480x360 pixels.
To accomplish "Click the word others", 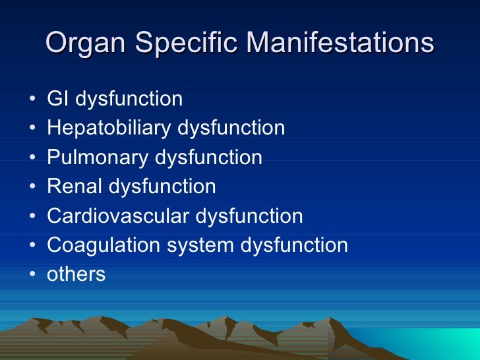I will pyautogui.click(x=76, y=274).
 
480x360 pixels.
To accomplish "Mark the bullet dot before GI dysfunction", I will pyautogui.click(x=32, y=100).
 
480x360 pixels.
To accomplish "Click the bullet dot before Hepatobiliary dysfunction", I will pyautogui.click(x=32, y=129).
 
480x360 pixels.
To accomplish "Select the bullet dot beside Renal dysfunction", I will pyautogui.click(x=32, y=187).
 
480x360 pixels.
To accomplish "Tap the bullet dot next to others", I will pyautogui.click(x=32, y=275).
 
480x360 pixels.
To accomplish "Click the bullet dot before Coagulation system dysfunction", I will pyautogui.click(x=32, y=246).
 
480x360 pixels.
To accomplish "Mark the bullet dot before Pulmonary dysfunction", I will pyautogui.click(x=32, y=158).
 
